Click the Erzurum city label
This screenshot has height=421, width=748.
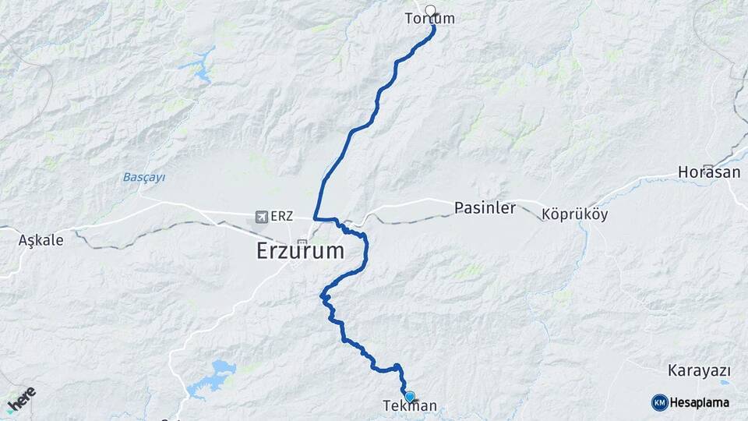(x=300, y=251)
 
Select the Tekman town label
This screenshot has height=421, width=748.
(x=410, y=406)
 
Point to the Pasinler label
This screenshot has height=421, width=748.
(x=485, y=208)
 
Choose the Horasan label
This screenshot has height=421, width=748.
(x=708, y=172)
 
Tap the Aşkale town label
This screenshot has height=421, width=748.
(x=41, y=240)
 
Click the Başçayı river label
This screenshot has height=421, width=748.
(x=144, y=177)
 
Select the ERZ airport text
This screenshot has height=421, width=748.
(x=283, y=216)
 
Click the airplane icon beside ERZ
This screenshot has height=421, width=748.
(x=260, y=216)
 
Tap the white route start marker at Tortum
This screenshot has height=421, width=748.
(x=430, y=11)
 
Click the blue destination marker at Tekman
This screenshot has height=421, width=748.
(x=409, y=396)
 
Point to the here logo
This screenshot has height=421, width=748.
(x=21, y=399)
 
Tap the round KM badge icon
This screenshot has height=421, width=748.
(x=659, y=402)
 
